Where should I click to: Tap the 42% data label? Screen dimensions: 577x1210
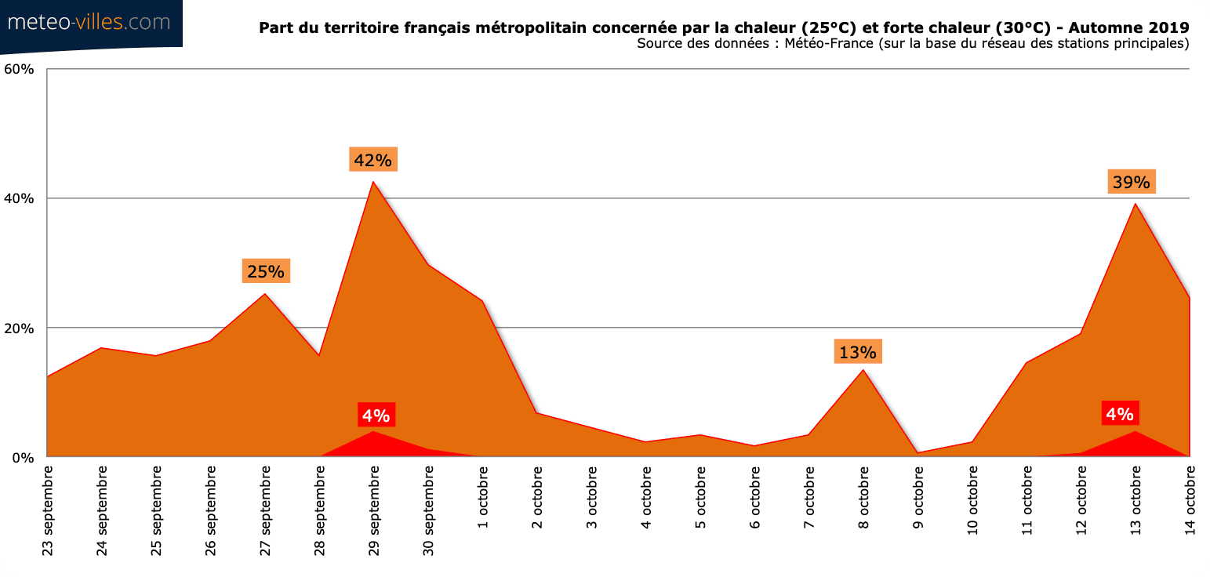372,160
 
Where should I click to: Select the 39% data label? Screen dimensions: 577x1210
1131,182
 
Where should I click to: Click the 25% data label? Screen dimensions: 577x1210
266,271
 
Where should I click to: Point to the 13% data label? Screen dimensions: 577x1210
859,352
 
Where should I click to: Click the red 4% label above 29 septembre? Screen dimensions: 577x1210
376,415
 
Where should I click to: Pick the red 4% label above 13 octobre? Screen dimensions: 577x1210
1119,413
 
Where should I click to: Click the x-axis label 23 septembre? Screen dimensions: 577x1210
48,510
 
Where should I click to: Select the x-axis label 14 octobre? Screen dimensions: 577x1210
1190,499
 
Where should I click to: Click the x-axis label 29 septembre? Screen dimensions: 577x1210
374,510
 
